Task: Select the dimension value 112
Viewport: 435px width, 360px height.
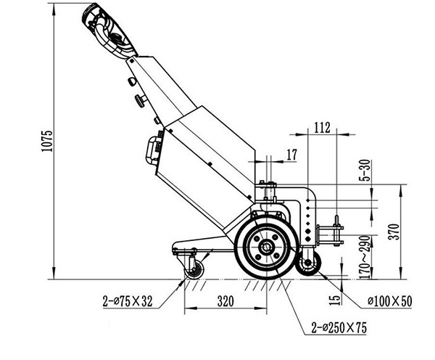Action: [x=323, y=128]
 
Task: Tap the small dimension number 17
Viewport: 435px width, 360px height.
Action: [x=291, y=154]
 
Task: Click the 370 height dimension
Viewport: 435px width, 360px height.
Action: [x=413, y=232]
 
